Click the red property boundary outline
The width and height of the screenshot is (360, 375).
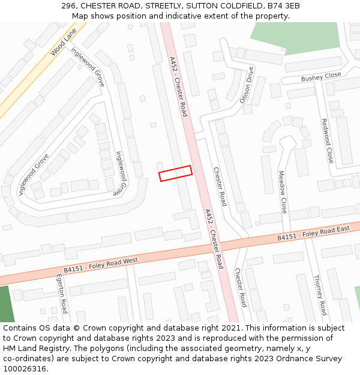tap(175, 173)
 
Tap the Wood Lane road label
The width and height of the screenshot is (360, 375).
tap(64, 45)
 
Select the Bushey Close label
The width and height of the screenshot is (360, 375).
tap(321, 77)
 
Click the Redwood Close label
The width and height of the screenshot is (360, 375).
tap(326, 140)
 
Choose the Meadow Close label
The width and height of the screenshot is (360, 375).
tap(283, 192)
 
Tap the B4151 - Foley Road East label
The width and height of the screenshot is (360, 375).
tap(313, 235)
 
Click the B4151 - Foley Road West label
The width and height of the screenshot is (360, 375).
tap(101, 264)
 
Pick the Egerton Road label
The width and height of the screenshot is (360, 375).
tap(62, 294)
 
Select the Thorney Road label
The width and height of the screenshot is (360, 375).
tap(320, 295)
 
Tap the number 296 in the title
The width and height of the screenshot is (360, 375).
tap(69, 6)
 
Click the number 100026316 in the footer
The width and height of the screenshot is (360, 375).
tap(26, 369)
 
